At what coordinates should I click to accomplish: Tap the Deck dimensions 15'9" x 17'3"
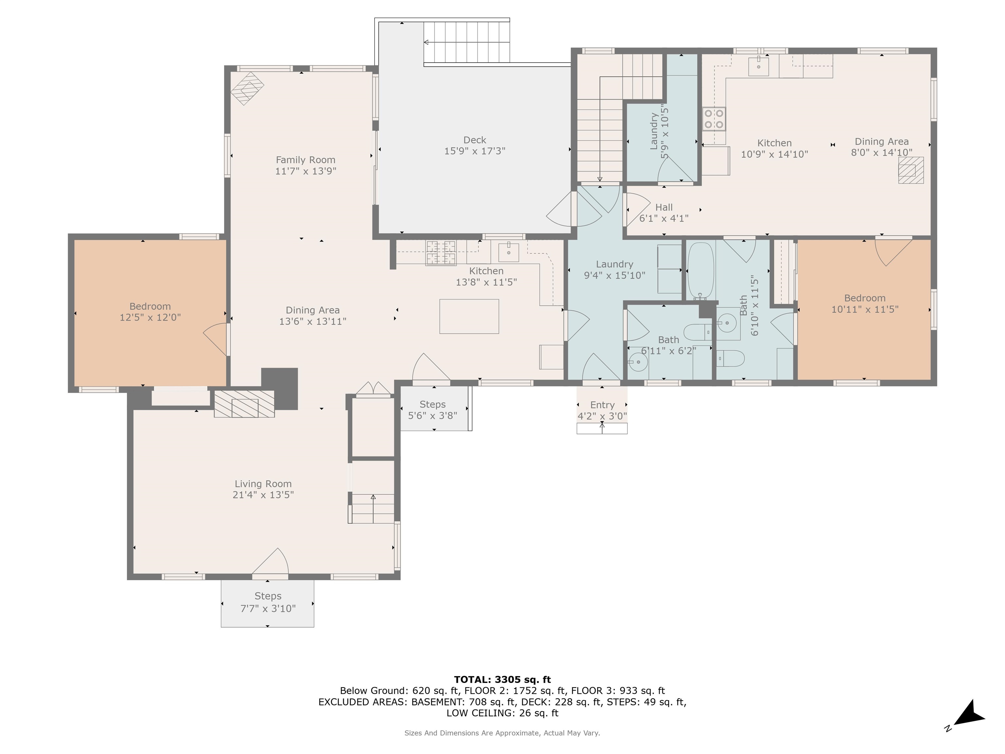[474, 151]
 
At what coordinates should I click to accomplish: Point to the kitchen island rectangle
[469, 316]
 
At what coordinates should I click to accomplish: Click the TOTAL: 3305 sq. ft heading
[502, 679]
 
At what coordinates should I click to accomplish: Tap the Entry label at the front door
[602, 405]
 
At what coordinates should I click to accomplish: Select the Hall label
[664, 207]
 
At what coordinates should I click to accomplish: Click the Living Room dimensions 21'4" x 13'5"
[263, 495]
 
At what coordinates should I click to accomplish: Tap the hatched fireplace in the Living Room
[244, 404]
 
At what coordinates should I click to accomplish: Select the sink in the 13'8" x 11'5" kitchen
[508, 252]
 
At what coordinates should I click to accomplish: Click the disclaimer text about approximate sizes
[502, 733]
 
